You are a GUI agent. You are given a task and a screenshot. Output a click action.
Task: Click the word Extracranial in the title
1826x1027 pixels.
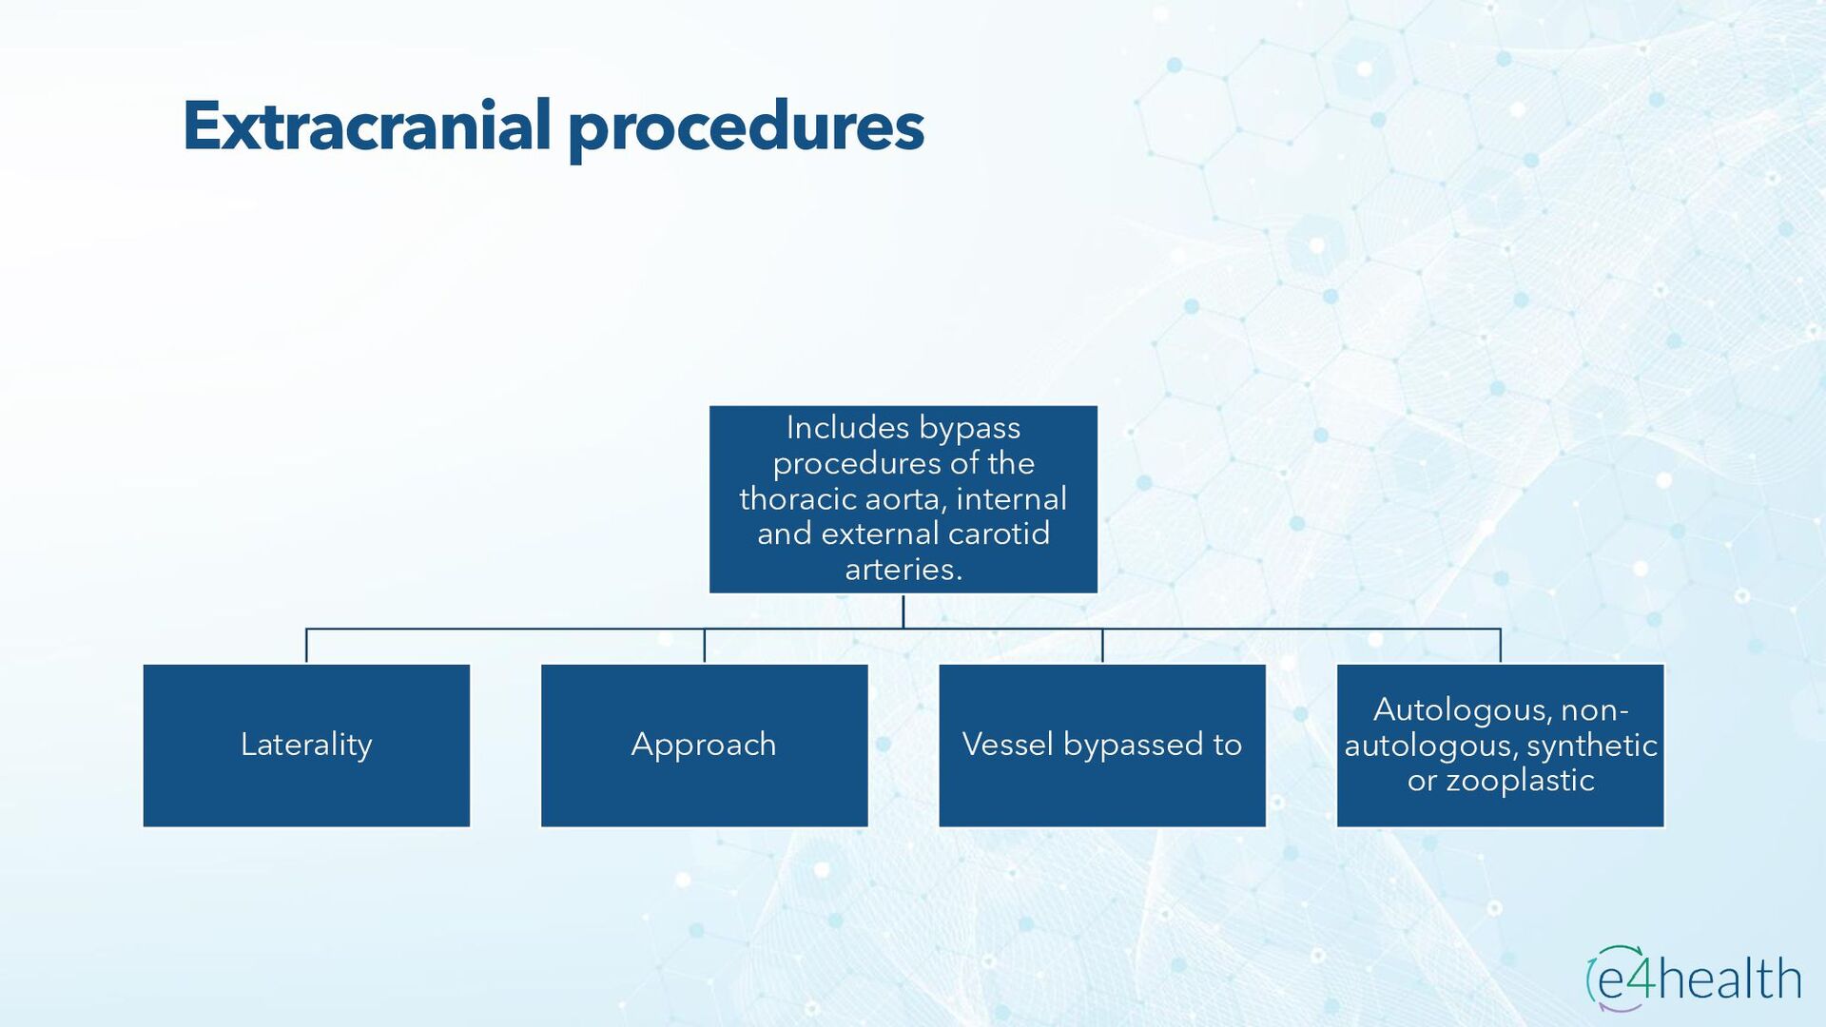coord(366,126)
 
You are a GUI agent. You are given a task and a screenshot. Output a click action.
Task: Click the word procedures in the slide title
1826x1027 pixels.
coord(746,128)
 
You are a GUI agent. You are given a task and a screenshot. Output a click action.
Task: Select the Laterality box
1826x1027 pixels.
coord(306,746)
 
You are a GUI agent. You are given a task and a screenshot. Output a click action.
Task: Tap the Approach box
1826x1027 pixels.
coord(704,746)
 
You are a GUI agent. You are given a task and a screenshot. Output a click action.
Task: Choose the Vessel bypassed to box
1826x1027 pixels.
coord(1102,746)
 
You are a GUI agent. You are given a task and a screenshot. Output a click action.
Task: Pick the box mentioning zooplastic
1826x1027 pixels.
coord(1500,746)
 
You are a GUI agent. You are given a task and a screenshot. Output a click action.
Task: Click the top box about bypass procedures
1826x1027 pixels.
coord(903,499)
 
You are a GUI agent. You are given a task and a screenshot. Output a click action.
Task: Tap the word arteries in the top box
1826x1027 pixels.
coord(901,570)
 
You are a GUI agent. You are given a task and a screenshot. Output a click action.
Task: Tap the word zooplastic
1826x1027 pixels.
coord(1520,781)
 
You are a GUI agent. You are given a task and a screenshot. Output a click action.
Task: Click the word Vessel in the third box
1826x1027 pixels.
coord(1007,745)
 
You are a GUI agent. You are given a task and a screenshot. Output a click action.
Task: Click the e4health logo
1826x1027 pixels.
coord(1693,979)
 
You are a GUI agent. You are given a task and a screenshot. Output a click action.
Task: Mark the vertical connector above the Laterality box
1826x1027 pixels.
coord(306,646)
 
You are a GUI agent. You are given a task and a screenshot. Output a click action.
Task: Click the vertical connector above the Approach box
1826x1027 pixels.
coord(704,646)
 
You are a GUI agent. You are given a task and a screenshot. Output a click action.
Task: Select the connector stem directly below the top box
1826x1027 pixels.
coord(903,610)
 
